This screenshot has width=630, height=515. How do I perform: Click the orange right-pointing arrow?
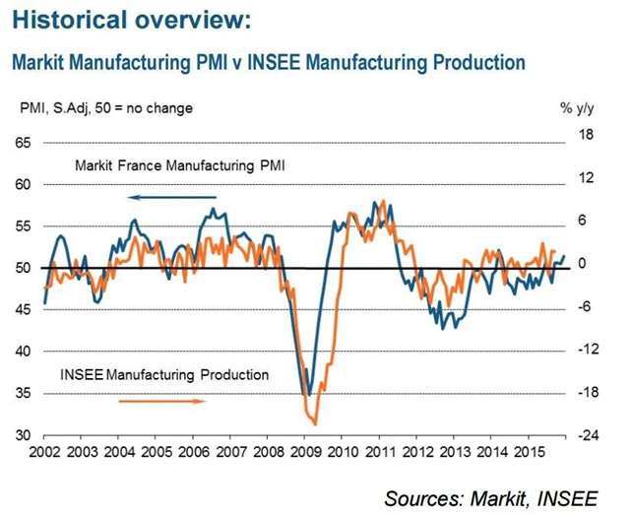pos(162,401)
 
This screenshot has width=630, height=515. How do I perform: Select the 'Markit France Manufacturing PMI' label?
pos(180,166)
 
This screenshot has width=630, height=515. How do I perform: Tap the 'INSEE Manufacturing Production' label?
pos(164,375)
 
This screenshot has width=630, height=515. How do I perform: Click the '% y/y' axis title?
pos(577,107)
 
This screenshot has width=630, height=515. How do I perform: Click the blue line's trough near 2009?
pos(308,394)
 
